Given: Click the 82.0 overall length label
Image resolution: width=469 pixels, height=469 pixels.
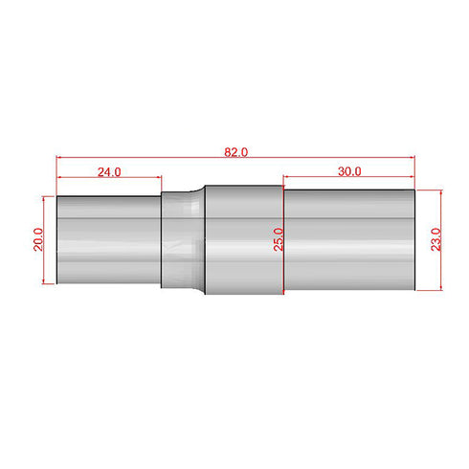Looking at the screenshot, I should [235, 151].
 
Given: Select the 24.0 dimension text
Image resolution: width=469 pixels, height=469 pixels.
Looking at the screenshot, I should [108, 172].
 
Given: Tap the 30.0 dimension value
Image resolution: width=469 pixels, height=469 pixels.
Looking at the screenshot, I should [349, 171].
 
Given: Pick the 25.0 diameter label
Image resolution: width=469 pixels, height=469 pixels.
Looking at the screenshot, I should [278, 238].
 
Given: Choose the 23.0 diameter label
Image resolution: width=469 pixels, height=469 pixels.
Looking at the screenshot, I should [435, 238].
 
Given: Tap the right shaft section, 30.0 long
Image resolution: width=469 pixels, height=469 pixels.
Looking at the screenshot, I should [349, 239].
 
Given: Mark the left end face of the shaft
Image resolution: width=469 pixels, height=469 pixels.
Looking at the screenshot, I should [56, 239].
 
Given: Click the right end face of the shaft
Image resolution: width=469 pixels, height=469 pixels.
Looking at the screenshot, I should [414, 239].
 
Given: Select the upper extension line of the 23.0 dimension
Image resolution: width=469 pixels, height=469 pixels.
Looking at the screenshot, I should [431, 190].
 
